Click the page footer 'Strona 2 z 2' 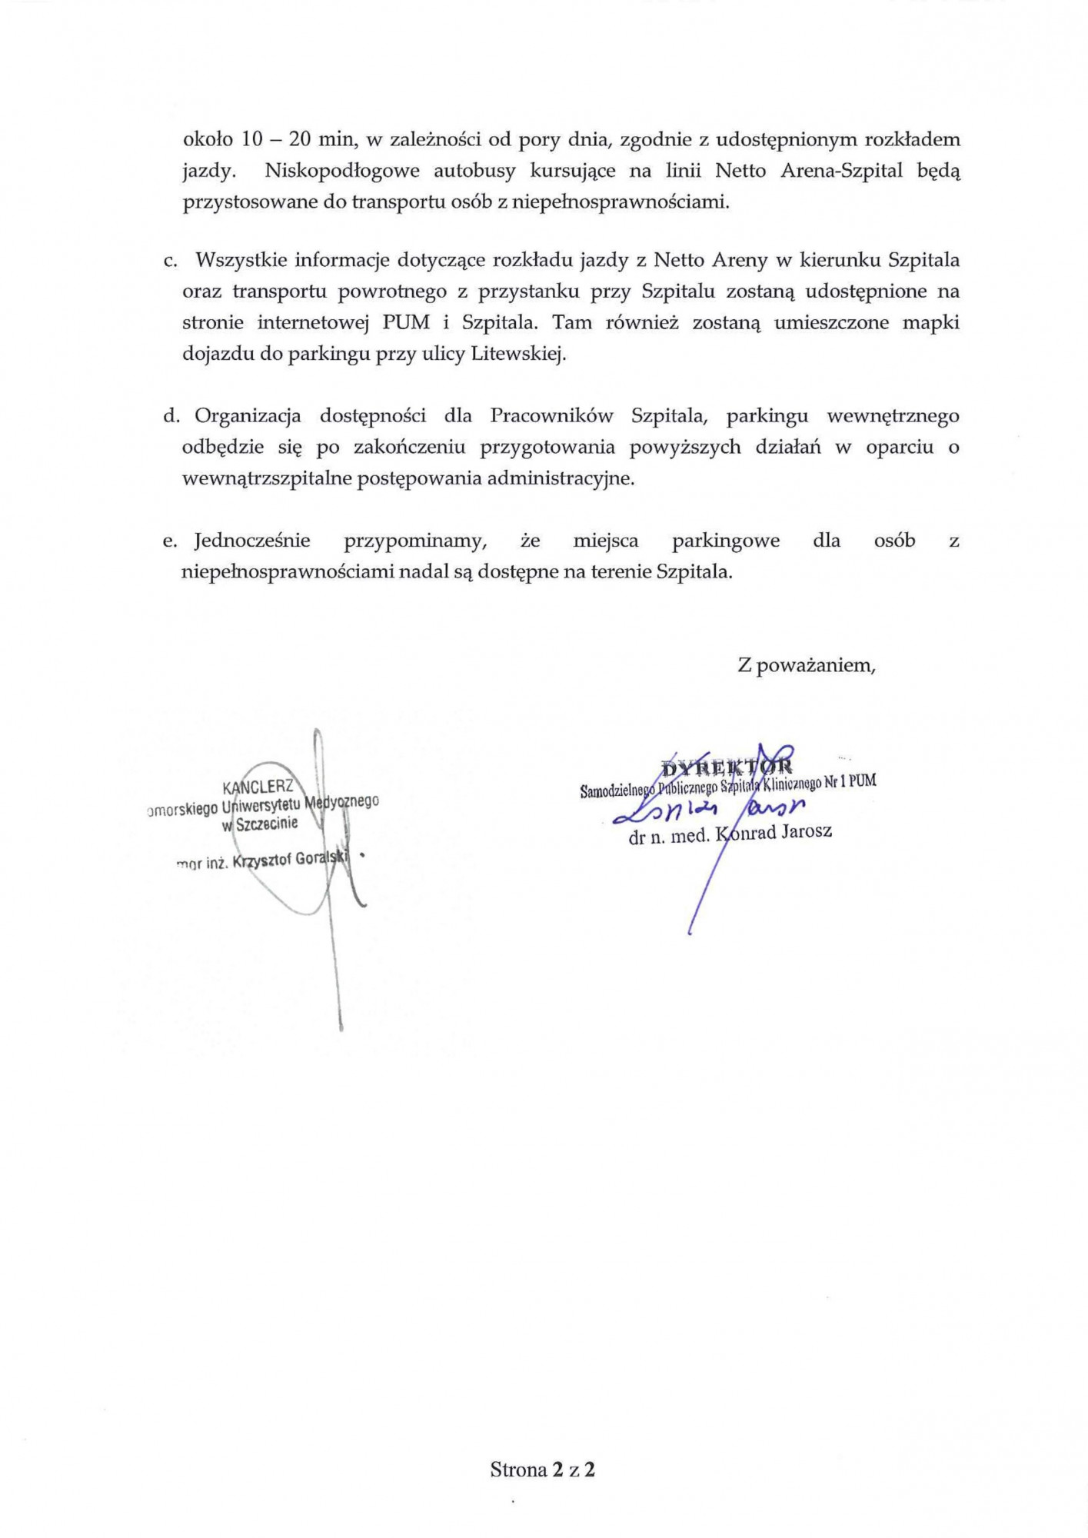(543, 1470)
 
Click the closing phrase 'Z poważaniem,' (807, 665)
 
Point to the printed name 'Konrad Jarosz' (774, 832)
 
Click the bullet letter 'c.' (171, 260)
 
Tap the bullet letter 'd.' (171, 416)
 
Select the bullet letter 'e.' (170, 541)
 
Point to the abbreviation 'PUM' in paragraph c (406, 323)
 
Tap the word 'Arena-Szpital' (842, 171)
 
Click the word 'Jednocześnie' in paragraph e (252, 541)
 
